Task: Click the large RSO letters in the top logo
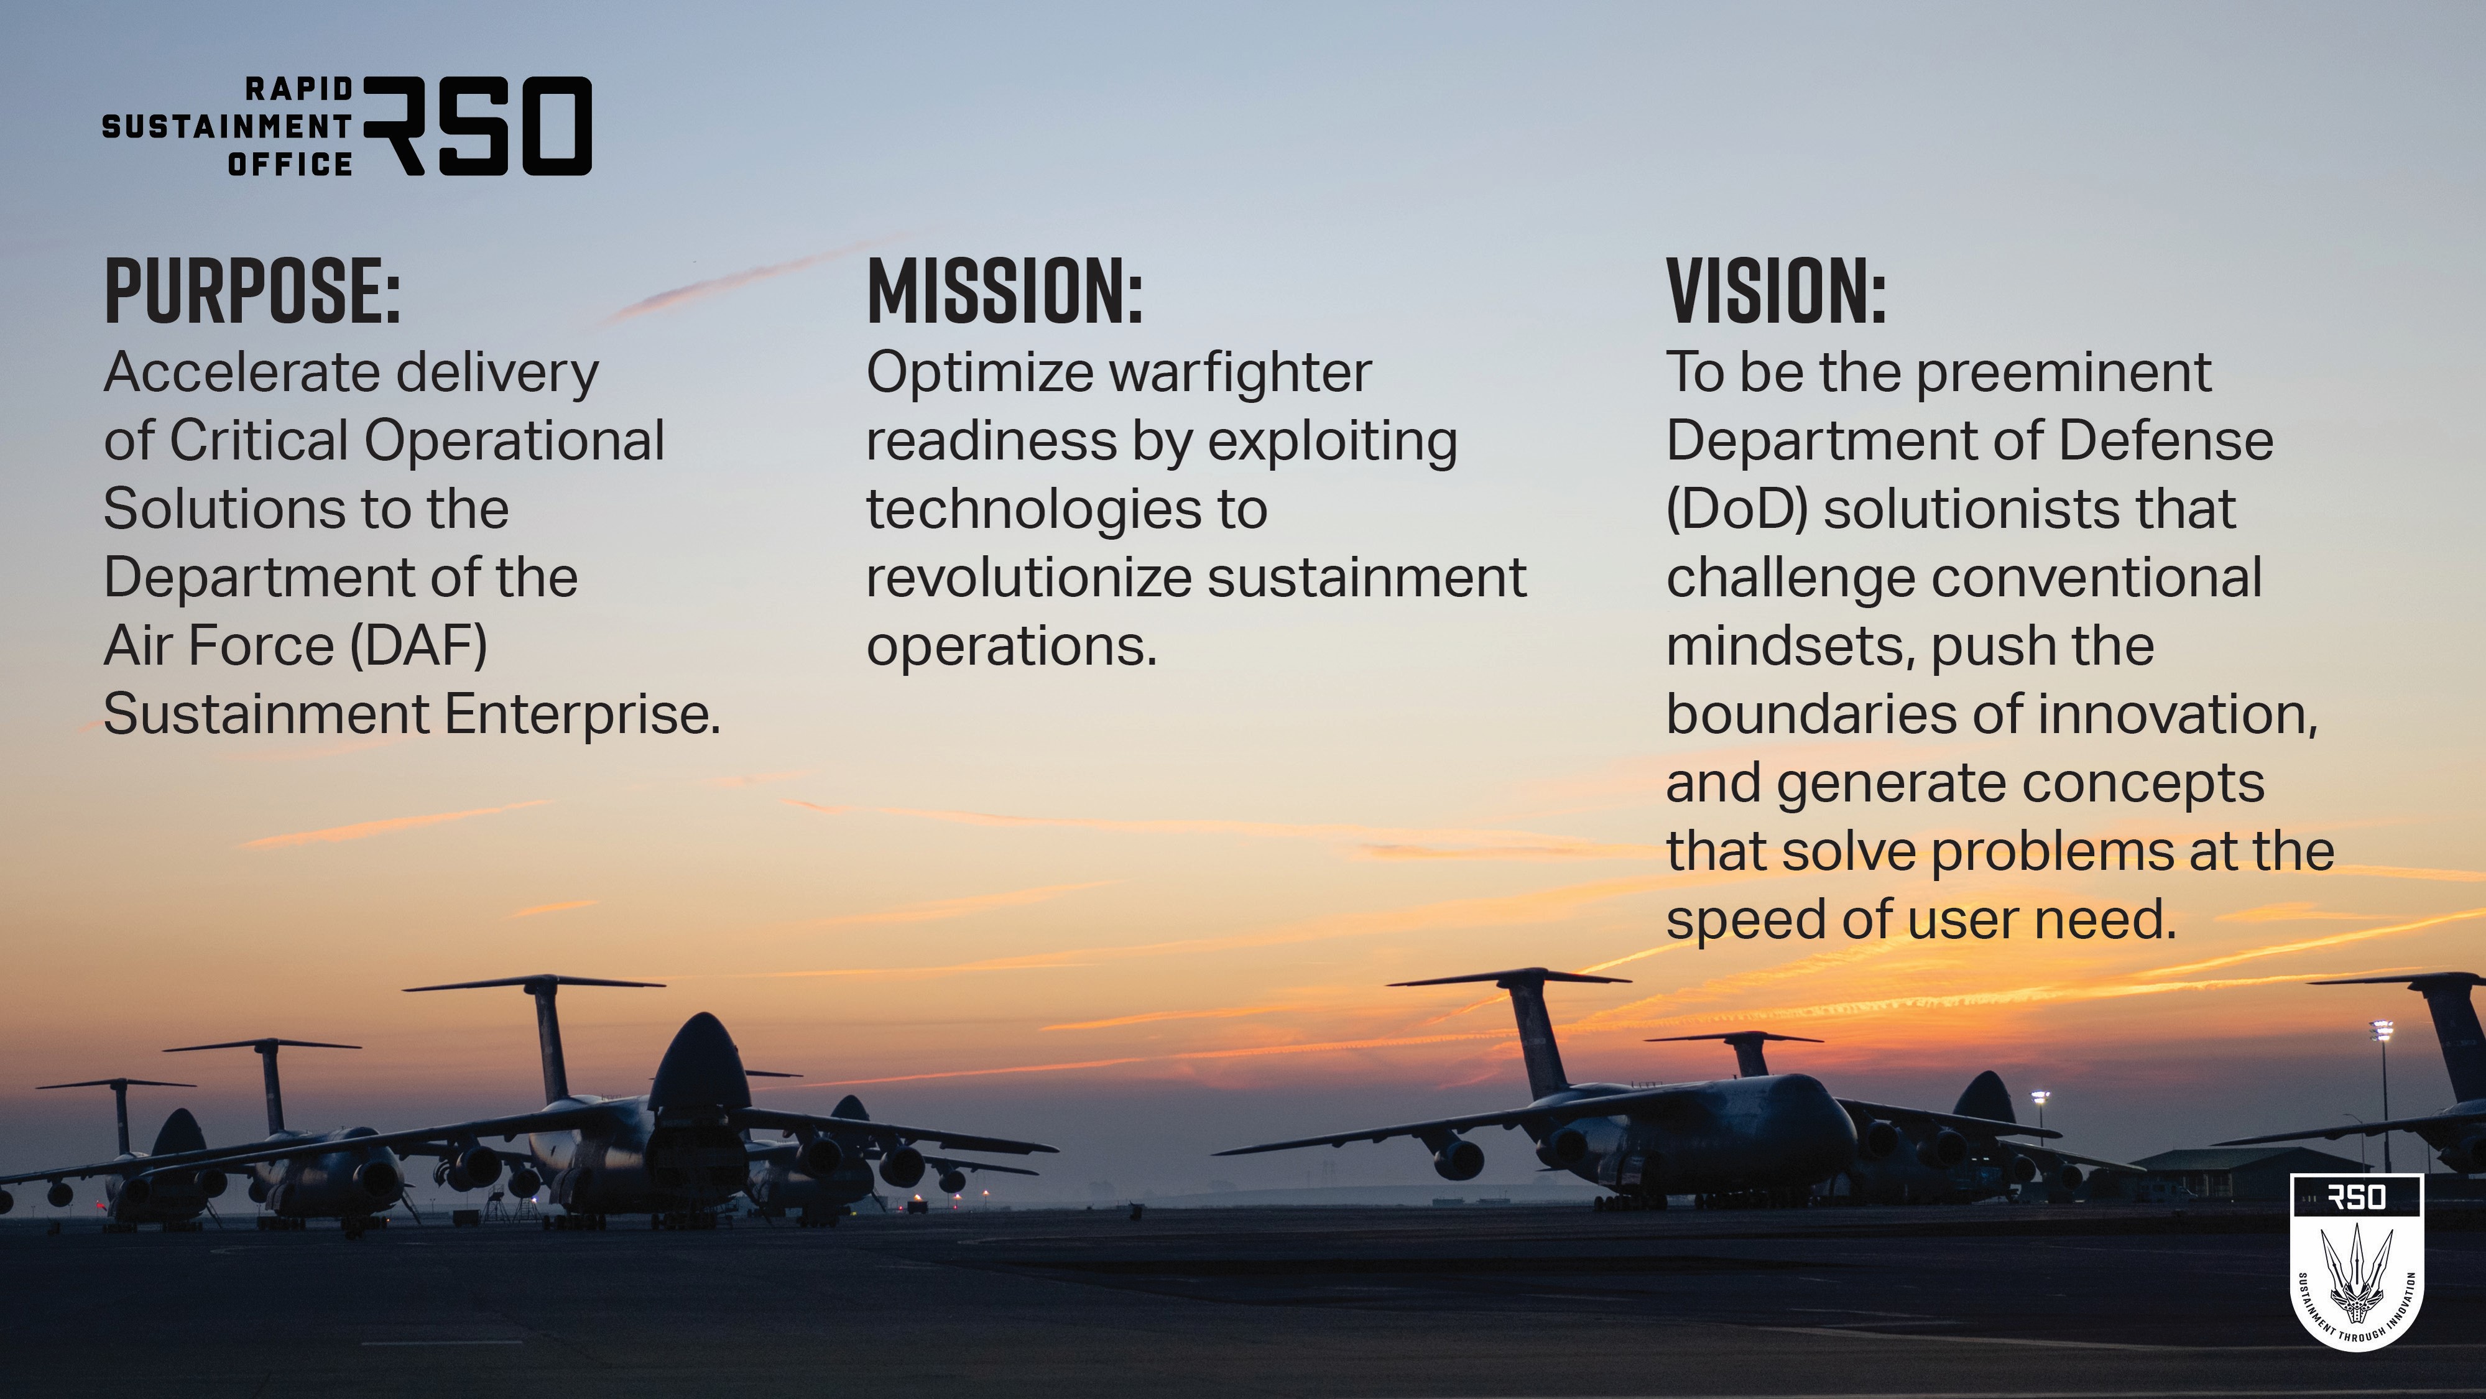pos(478,126)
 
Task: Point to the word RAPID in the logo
pos(299,89)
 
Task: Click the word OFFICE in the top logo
pos(290,164)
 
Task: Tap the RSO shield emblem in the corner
pos(2355,1260)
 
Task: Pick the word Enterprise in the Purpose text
pos(581,716)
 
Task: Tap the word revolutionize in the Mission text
pos(1028,578)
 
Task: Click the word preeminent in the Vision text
pos(2063,374)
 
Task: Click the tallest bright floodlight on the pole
pos(2382,1030)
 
